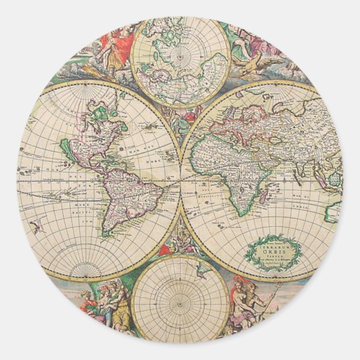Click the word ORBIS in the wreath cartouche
274,250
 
